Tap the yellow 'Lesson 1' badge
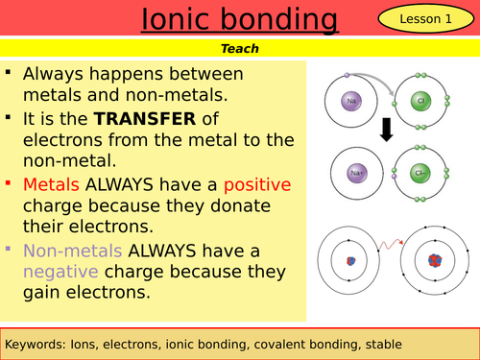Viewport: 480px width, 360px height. tap(428, 19)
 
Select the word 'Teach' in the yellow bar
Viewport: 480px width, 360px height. tap(240, 47)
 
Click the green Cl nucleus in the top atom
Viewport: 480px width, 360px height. tap(421, 99)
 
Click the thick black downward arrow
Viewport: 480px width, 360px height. tap(386, 132)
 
